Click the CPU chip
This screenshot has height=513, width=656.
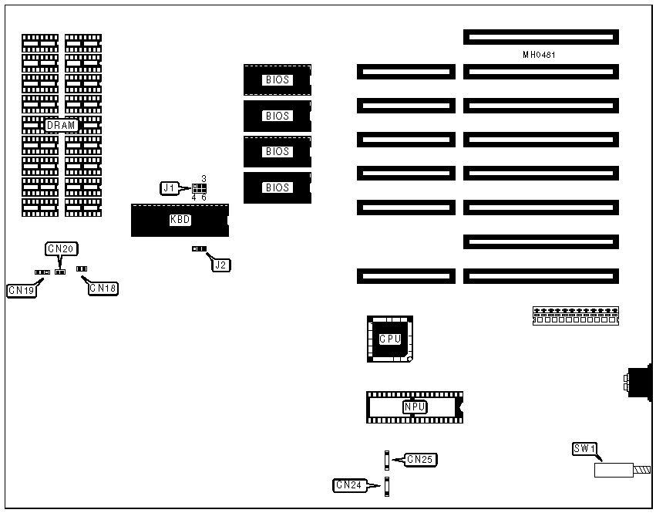[389, 339]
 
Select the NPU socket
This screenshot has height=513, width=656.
[415, 407]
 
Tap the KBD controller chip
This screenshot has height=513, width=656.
[180, 220]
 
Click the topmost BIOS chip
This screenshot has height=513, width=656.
[278, 79]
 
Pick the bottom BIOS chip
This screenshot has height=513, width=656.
[278, 187]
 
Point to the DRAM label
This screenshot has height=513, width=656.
[62, 125]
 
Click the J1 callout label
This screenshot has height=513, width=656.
[170, 187]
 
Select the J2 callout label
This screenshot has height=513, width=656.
[221, 265]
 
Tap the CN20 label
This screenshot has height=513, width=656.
[62, 248]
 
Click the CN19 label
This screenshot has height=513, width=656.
[21, 291]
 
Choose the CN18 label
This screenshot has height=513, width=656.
[103, 288]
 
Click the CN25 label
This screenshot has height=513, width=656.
[421, 460]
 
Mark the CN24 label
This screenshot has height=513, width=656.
[348, 485]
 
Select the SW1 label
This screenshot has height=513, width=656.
[584, 449]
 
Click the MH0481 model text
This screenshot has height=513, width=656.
[539, 55]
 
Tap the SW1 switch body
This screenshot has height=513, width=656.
[613, 469]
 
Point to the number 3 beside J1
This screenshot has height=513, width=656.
[203, 178]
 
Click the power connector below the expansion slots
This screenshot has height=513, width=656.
[575, 316]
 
